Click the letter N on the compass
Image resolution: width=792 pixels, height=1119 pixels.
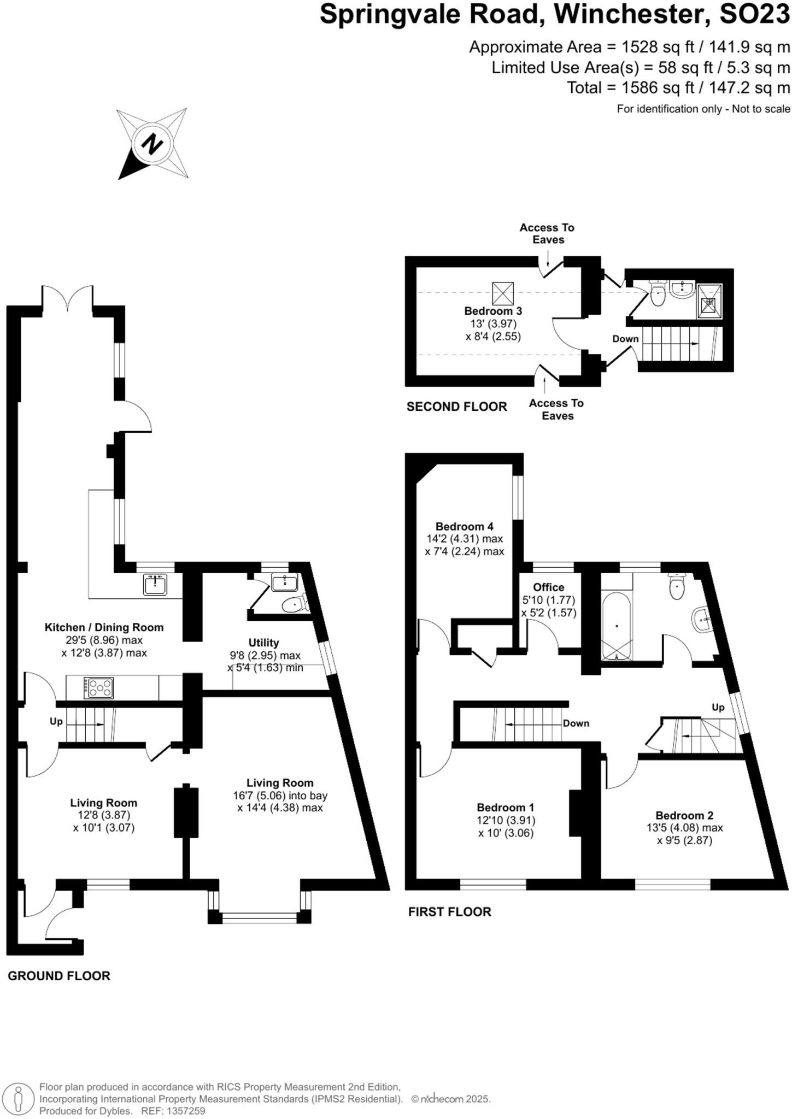tap(152, 144)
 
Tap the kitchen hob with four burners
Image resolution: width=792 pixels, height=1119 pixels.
tap(98, 687)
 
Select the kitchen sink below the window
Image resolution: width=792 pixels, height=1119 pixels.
tap(156, 584)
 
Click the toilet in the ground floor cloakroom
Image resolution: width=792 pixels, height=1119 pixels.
tap(294, 604)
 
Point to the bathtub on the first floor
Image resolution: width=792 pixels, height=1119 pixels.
tap(617, 626)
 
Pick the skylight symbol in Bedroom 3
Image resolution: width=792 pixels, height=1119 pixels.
tap(503, 293)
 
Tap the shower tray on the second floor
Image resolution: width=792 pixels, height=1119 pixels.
tap(709, 301)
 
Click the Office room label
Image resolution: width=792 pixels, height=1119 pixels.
tap(548, 587)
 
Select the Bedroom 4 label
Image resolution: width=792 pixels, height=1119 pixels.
tap(464, 526)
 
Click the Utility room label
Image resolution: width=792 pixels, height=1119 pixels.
tap(263, 643)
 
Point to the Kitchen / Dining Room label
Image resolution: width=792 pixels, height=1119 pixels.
tap(104, 627)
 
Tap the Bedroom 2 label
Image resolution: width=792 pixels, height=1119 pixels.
tap(684, 815)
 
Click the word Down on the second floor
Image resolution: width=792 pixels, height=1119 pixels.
tap(625, 339)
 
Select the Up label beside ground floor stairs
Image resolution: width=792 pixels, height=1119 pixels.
tap(56, 721)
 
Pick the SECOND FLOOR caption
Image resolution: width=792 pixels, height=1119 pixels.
tap(456, 407)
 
